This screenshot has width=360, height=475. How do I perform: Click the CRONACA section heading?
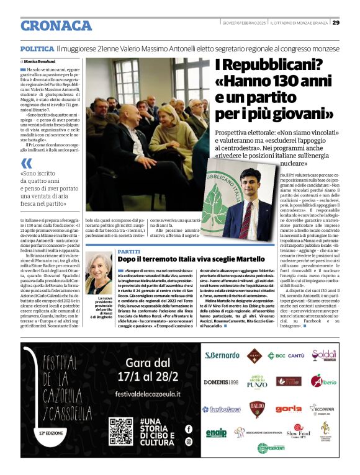56,25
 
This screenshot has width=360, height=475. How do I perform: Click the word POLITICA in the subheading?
37,48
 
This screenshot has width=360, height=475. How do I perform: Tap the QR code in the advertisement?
121,432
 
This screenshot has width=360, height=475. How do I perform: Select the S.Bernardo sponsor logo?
222,355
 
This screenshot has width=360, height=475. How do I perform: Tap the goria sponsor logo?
289,409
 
